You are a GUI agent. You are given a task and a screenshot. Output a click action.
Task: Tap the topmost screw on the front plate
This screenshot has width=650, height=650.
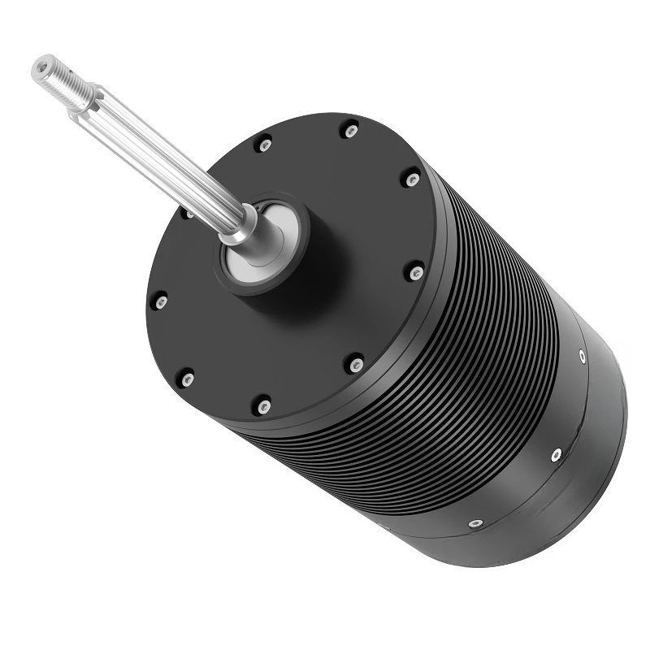[350, 131]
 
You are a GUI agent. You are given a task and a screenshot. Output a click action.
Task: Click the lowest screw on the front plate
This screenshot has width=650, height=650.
[262, 405]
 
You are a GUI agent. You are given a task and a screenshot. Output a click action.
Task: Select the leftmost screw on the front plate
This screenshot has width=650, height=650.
[161, 301]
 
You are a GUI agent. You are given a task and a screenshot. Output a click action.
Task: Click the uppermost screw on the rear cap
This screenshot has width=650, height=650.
[583, 355]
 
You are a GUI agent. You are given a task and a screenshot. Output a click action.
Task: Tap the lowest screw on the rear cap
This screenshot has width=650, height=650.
[475, 523]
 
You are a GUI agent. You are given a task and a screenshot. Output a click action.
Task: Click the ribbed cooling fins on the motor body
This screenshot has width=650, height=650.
[487, 341]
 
